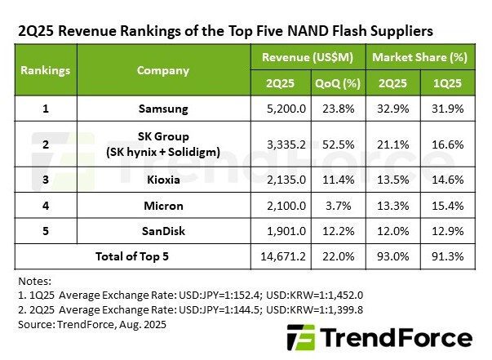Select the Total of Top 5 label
pos(133,256)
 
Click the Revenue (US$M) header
pos(309,58)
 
